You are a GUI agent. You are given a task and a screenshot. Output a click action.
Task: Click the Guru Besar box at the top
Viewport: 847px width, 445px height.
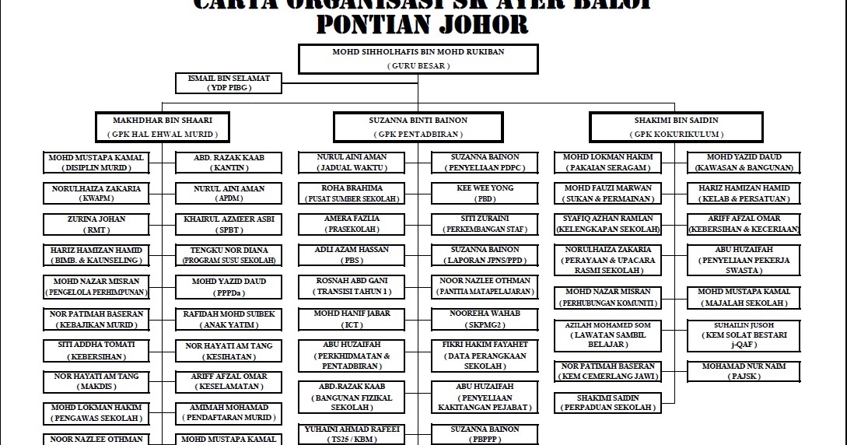click(x=418, y=59)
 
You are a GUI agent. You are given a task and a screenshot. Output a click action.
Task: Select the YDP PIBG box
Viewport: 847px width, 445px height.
click(x=229, y=82)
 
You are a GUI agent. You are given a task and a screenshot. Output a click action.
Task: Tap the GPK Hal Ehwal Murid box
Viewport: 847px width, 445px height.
click(x=162, y=127)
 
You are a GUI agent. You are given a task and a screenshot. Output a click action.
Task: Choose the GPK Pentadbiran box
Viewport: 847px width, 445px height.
click(x=418, y=127)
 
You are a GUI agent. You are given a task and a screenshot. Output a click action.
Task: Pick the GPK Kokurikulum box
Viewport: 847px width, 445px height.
click(x=675, y=127)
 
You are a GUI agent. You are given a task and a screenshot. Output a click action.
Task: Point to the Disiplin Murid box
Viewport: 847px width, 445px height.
click(x=96, y=162)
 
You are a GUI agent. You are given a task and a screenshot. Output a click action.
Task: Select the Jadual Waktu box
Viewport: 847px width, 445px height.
click(x=352, y=162)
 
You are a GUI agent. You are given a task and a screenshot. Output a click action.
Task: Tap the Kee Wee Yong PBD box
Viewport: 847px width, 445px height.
click(x=485, y=193)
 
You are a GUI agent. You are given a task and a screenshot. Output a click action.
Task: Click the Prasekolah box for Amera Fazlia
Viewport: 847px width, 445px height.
click(x=352, y=224)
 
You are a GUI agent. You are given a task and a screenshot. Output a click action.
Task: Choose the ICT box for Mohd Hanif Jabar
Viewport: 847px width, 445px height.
click(x=352, y=317)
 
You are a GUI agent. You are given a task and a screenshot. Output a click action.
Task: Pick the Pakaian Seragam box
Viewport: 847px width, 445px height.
click(x=607, y=162)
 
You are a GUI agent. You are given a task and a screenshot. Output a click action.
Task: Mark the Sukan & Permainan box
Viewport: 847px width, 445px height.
click(x=607, y=193)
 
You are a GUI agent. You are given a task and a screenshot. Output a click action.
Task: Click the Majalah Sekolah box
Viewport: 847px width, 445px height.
click(x=743, y=297)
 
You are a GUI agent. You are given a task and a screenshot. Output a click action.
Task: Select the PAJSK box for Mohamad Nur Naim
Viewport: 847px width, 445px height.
click(x=743, y=370)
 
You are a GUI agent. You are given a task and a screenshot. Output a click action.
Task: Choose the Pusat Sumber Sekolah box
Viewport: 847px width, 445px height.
click(x=352, y=193)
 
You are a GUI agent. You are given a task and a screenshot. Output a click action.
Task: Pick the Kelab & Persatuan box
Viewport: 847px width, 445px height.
click(x=743, y=193)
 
